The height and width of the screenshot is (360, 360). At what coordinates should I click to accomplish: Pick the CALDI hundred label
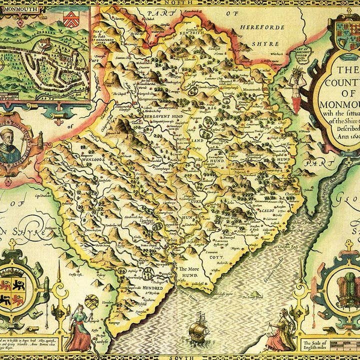click(268, 211)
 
